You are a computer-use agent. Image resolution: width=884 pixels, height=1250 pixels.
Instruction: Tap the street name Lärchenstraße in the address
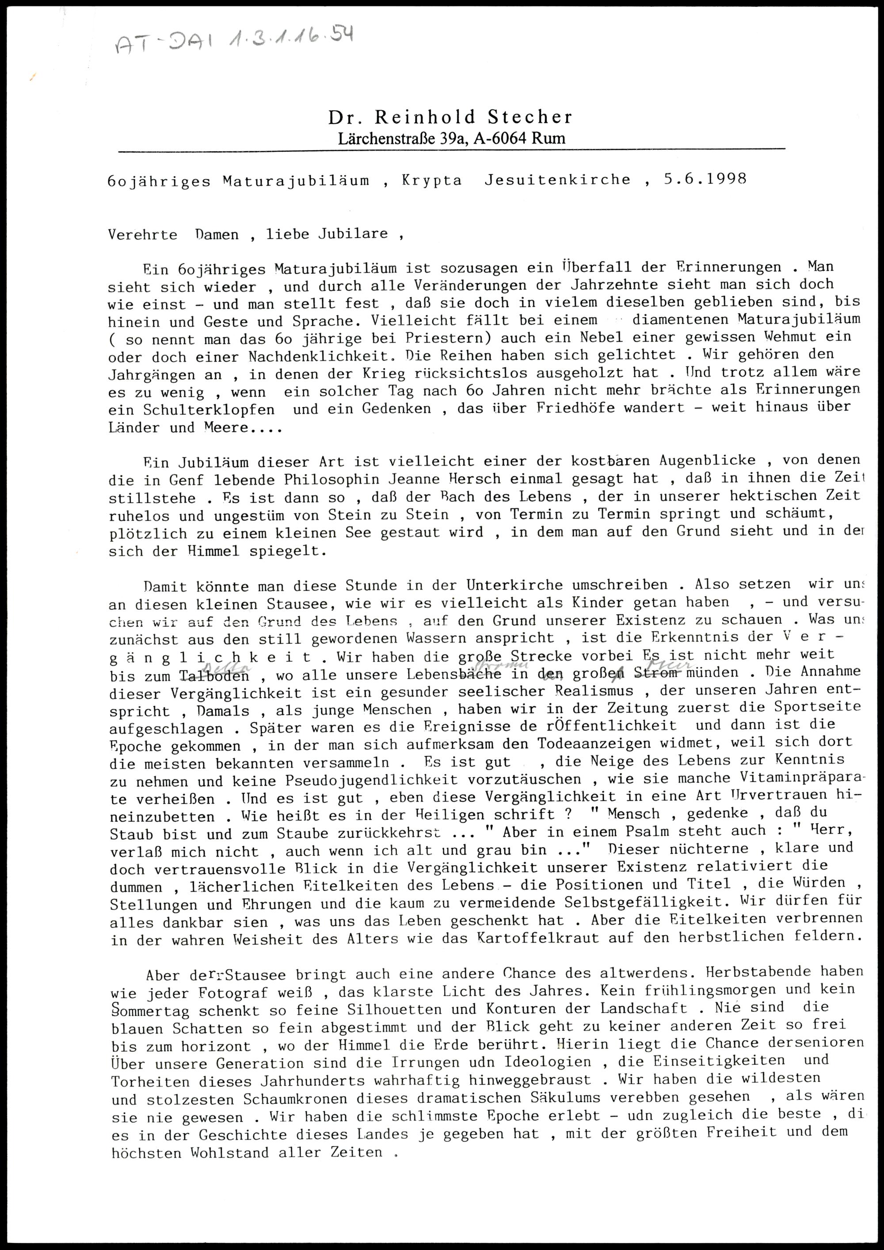pyautogui.click(x=385, y=139)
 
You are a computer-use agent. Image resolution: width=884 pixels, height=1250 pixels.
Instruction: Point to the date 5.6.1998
pyautogui.click(x=705, y=179)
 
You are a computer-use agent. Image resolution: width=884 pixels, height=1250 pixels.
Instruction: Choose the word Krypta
pyautogui.click(x=432, y=181)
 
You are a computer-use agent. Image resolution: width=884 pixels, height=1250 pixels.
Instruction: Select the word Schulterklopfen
pyautogui.click(x=191, y=409)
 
